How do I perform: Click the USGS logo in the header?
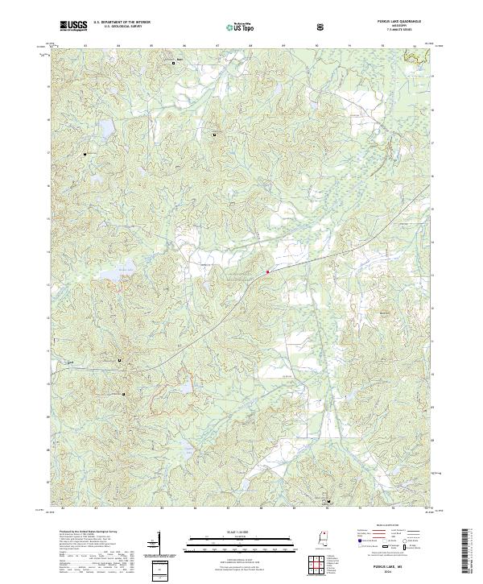[73, 26]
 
